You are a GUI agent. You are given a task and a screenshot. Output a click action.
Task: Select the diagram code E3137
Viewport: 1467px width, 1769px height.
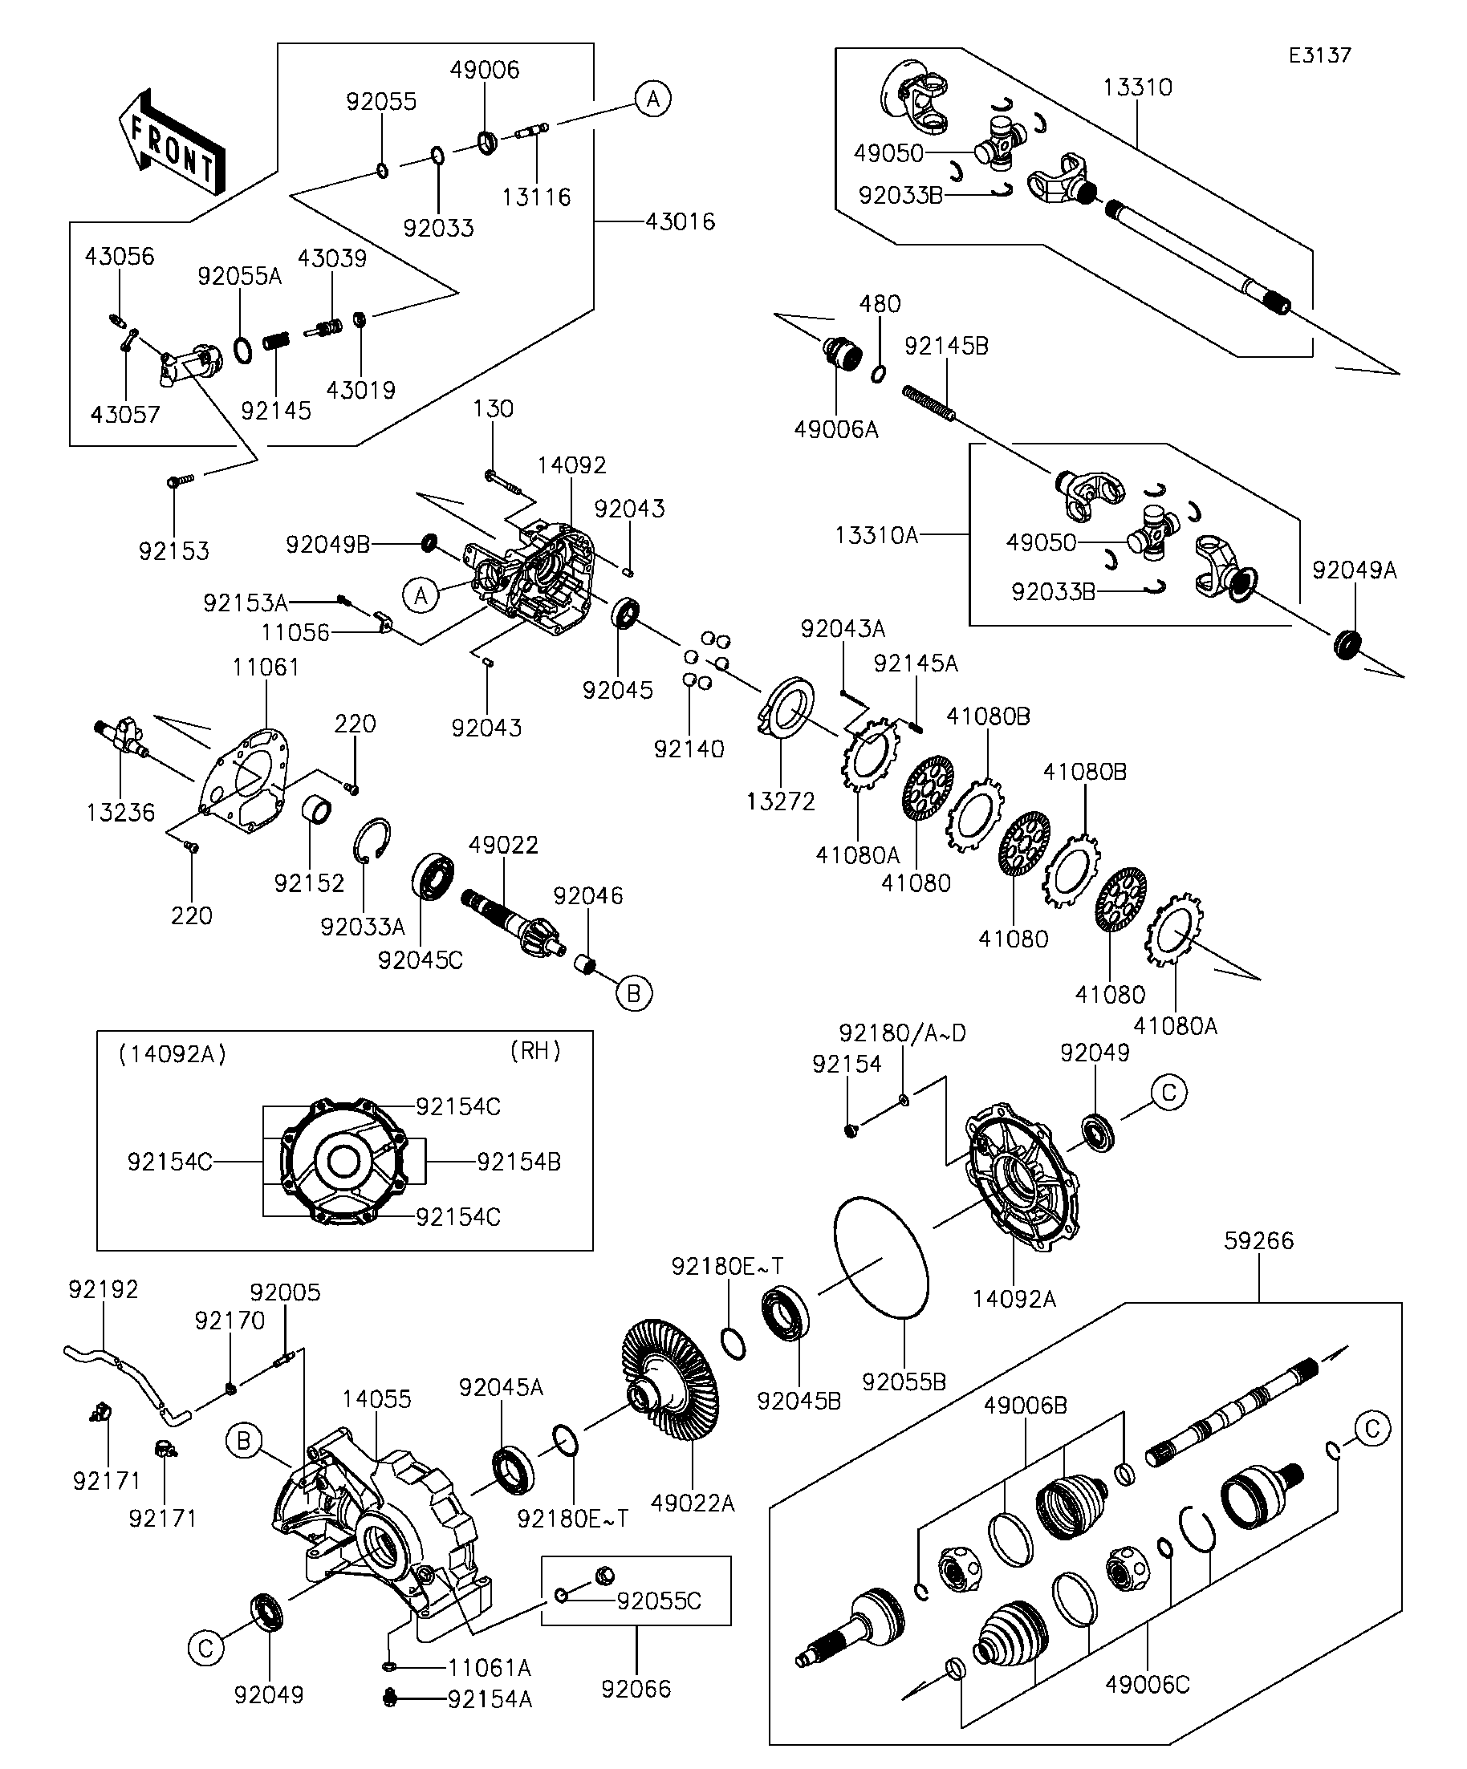1319,55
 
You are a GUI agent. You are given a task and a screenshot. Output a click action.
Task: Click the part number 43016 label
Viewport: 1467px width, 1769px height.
680,222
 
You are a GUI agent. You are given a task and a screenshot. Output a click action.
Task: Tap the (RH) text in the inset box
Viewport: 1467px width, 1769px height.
535,1050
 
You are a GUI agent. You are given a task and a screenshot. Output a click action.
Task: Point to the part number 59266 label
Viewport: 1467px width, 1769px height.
1259,1241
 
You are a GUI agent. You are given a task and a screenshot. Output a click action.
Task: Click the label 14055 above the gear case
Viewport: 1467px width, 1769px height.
376,1399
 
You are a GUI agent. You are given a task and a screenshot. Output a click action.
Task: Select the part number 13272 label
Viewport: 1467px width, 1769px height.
780,801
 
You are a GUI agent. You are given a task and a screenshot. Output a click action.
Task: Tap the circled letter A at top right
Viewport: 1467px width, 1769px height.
652,99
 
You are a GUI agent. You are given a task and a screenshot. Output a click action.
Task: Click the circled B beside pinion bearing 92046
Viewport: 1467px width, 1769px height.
634,994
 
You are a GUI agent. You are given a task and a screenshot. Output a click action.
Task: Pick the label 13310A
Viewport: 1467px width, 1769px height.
876,535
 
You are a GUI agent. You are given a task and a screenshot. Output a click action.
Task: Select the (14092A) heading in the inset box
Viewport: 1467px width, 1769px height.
173,1054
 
